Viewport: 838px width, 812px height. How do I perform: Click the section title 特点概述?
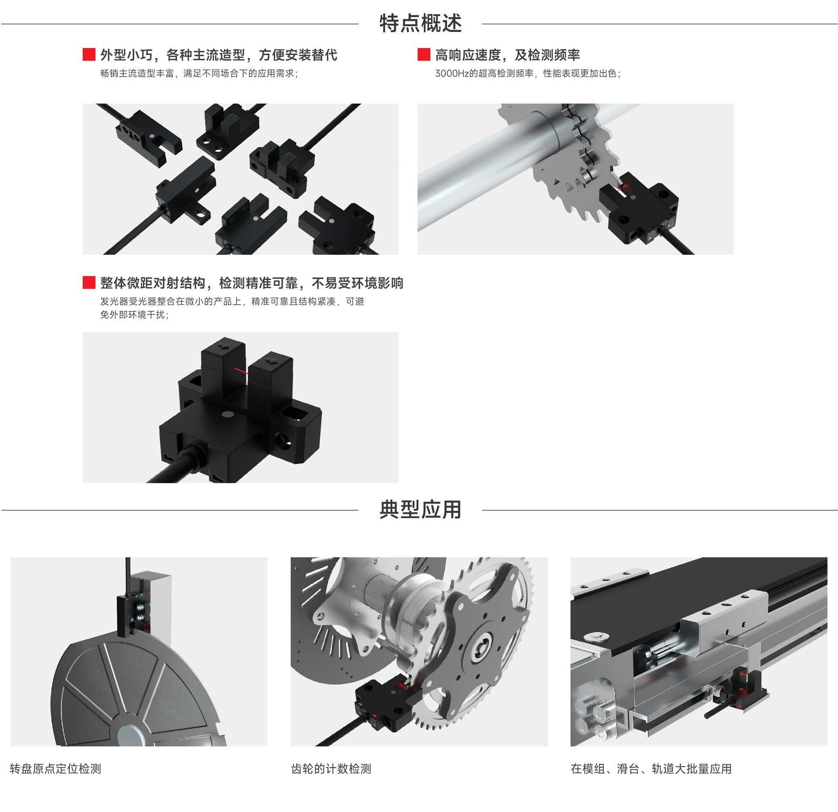420,23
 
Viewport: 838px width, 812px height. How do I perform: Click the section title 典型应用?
420,509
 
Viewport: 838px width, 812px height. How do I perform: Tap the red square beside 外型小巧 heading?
89,55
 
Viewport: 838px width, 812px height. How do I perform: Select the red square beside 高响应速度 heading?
424,55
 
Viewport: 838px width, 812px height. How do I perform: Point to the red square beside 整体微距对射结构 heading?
89,282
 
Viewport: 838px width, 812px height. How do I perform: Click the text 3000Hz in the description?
452,73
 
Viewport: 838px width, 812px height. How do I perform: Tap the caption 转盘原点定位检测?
55,769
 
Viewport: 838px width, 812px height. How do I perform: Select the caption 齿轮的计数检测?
331,769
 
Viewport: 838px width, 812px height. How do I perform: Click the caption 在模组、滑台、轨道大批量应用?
651,769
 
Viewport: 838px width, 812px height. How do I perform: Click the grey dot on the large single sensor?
227,414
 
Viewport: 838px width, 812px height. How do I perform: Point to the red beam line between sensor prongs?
241,371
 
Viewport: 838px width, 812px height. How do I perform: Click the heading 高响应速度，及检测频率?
508,55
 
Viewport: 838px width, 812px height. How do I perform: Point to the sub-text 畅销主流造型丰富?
137,73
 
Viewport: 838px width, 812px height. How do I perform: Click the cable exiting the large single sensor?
175,467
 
